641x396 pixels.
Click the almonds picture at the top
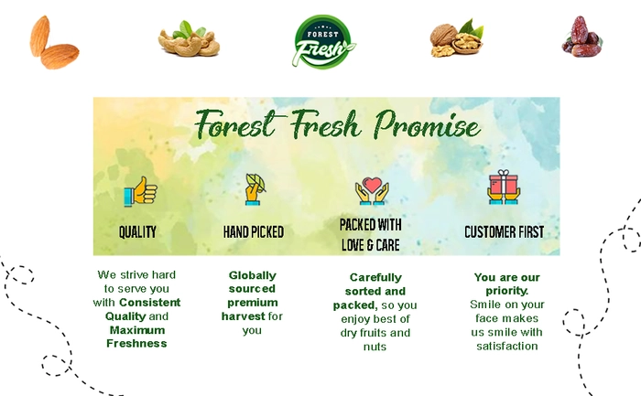pyautogui.click(x=54, y=42)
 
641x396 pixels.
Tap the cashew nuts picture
pyautogui.click(x=189, y=39)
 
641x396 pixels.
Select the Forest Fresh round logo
pyautogui.click(x=324, y=41)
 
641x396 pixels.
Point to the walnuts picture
pyautogui.click(x=457, y=38)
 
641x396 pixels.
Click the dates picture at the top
pyautogui.click(x=581, y=37)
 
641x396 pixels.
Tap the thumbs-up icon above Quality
pyautogui.click(x=140, y=191)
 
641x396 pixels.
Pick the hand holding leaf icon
pyautogui.click(x=255, y=189)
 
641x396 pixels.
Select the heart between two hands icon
pyautogui.click(x=372, y=190)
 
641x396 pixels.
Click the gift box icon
pyautogui.click(x=504, y=187)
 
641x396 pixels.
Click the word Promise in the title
pyautogui.click(x=428, y=124)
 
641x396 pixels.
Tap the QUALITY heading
pyautogui.click(x=137, y=232)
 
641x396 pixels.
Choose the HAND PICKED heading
pyautogui.click(x=254, y=232)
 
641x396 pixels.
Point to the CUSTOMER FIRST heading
pyautogui.click(x=504, y=232)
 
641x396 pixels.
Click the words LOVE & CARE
pyautogui.click(x=370, y=245)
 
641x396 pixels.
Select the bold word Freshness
pyautogui.click(x=136, y=343)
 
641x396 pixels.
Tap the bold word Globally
pyautogui.click(x=252, y=275)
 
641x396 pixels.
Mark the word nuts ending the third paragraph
pyautogui.click(x=375, y=347)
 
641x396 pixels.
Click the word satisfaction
pyautogui.click(x=507, y=347)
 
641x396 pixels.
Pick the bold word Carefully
pyautogui.click(x=375, y=278)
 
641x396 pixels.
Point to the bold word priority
pyautogui.click(x=507, y=291)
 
